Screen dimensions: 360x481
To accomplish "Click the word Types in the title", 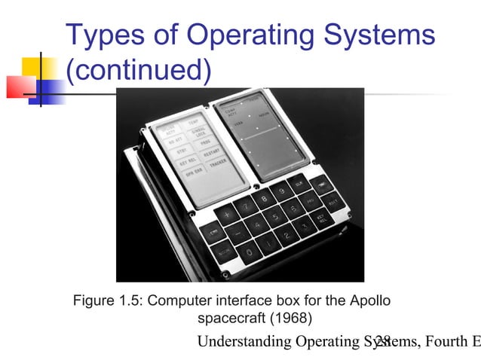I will [109, 35].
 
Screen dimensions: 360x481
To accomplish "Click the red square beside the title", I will [20, 87].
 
